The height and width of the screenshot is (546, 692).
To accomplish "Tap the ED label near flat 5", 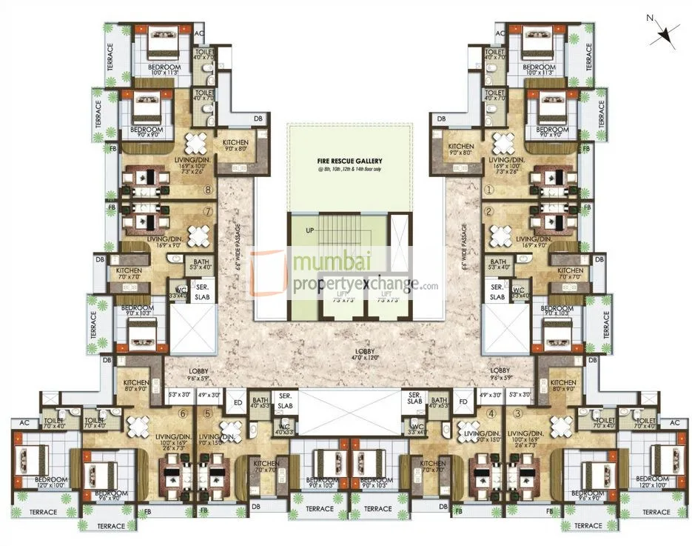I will tap(238, 403).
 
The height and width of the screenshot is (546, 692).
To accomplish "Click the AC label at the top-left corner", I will tap(199, 34).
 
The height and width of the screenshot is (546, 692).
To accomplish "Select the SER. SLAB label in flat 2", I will tap(497, 291).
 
